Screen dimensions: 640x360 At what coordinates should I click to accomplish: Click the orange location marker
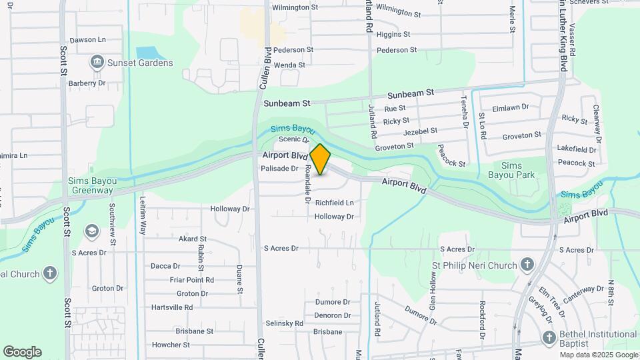point(321,159)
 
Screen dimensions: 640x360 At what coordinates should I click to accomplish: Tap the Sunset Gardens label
point(141,63)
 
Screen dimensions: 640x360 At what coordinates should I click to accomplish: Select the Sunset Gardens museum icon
point(97,63)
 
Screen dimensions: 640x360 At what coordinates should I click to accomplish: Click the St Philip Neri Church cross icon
point(527,265)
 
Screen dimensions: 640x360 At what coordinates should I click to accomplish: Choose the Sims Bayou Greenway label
point(91,185)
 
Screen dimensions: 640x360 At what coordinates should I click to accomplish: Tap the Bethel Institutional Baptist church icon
point(549,338)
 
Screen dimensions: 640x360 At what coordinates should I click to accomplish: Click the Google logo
point(22,352)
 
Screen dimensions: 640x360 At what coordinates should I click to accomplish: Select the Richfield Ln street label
point(335,203)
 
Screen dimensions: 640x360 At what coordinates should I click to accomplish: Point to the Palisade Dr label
point(280,169)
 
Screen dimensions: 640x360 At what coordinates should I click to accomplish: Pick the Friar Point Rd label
point(191,280)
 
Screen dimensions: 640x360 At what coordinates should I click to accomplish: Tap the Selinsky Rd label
point(285,323)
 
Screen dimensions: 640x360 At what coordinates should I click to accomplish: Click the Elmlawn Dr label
point(510,107)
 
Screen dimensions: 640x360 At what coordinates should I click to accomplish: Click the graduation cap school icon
point(91,231)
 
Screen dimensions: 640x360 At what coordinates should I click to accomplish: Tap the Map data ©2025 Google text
point(598,355)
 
